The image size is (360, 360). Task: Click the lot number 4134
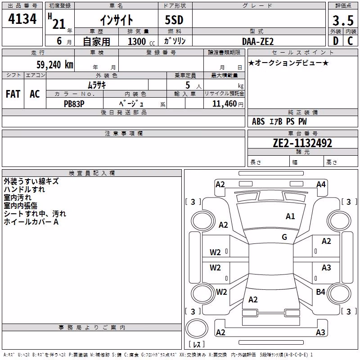click(22, 19)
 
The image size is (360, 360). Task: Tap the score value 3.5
click(343, 21)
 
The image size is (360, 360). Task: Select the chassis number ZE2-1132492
click(302, 143)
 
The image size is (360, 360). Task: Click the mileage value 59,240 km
click(55, 65)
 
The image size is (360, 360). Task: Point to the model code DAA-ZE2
click(258, 41)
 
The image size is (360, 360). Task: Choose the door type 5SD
click(174, 20)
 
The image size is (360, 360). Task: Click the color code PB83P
click(74, 104)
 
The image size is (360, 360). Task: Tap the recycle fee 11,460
click(225, 104)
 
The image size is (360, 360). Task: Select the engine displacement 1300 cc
click(141, 41)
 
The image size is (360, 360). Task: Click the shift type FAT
click(13, 94)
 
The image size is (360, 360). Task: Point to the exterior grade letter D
click(335, 41)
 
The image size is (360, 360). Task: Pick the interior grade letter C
click(350, 41)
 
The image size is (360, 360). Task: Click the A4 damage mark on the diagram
click(321, 184)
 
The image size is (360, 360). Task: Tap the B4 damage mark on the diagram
click(320, 292)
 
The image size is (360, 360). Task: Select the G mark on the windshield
click(284, 237)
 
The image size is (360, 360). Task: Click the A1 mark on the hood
click(290, 216)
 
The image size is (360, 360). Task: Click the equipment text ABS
click(258, 121)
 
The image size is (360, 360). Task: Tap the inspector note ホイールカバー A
click(31, 222)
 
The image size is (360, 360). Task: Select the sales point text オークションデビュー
click(288, 63)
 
